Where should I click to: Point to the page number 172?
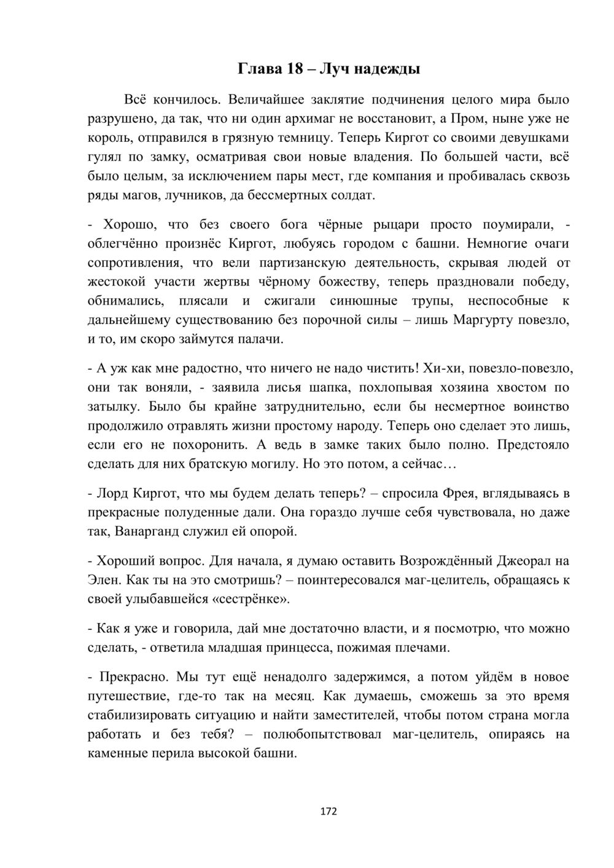click(x=329, y=812)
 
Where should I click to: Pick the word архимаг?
click(x=319, y=118)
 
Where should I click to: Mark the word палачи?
click(x=262, y=339)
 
